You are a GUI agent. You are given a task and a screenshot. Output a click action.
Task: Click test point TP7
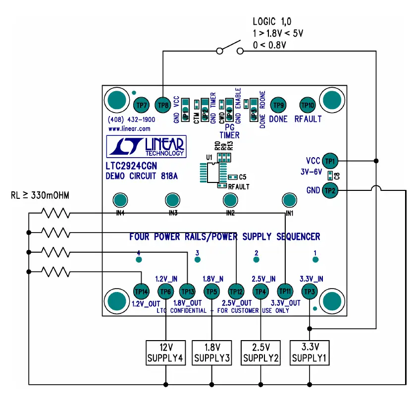click(142, 105)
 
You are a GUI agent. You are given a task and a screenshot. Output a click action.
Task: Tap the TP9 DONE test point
click(279, 105)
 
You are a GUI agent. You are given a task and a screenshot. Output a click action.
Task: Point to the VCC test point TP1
click(330, 161)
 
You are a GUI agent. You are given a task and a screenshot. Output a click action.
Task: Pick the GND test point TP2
click(330, 189)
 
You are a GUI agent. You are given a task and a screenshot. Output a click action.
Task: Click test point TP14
click(142, 291)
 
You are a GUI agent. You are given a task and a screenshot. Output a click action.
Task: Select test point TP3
click(309, 291)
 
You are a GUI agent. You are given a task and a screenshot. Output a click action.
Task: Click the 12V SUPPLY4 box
click(165, 353)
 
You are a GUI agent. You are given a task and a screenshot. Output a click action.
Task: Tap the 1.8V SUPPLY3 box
click(212, 353)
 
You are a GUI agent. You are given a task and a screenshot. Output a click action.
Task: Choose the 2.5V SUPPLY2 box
click(259, 353)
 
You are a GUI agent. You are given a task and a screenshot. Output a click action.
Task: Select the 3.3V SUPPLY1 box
click(309, 353)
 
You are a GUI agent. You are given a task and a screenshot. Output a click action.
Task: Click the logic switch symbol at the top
click(230, 49)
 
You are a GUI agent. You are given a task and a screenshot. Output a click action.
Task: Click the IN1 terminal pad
click(289, 201)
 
